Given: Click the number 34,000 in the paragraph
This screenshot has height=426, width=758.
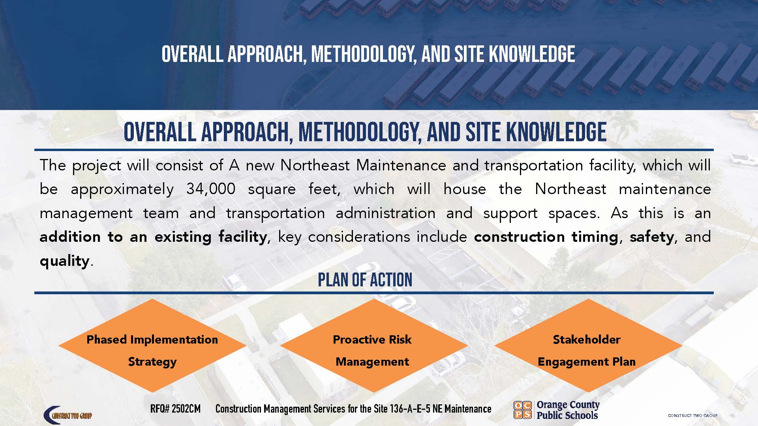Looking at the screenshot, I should tap(211, 189).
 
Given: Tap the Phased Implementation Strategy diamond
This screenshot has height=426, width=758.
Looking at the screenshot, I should tap(152, 346).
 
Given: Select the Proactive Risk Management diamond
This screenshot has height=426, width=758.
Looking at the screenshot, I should tap(372, 346).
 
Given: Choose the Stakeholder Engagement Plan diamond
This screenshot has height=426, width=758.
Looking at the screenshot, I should tap(587, 346).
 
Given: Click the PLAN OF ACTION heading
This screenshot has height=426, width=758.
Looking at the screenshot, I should tap(365, 280).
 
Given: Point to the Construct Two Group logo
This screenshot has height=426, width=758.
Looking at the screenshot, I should tap(68, 415).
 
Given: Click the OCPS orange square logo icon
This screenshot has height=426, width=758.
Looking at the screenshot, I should tap(522, 409).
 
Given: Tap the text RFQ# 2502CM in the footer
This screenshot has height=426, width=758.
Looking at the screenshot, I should tap(175, 409).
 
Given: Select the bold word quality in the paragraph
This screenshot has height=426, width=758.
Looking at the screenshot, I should tap(65, 261).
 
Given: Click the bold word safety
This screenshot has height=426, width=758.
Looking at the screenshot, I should tap(651, 237).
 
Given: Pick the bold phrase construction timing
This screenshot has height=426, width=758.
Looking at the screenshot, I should tap(546, 237).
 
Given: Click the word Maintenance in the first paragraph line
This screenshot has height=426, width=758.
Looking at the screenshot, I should tap(401, 165).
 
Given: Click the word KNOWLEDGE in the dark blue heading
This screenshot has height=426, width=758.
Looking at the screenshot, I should tap(556, 132).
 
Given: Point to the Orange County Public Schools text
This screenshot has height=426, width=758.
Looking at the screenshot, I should tap(568, 410).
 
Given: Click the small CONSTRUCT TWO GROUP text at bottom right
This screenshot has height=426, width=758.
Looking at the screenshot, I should tap(692, 415).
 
